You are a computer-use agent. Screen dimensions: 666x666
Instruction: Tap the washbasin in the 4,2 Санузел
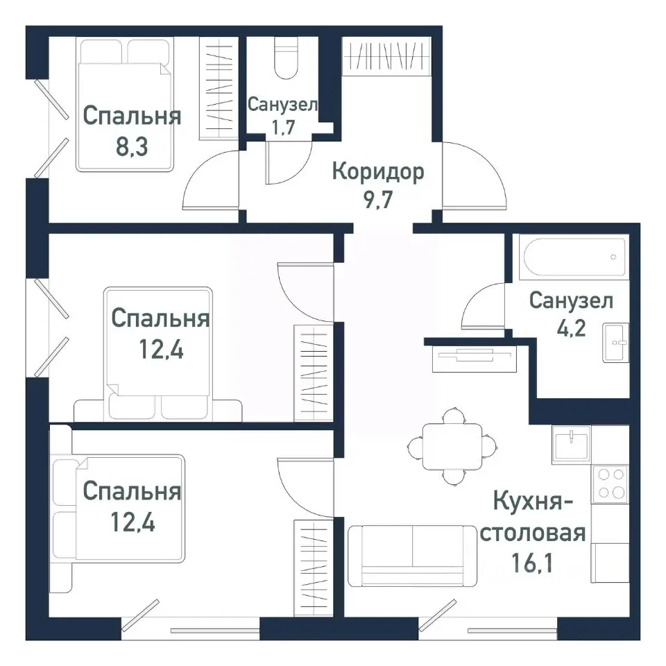pyautogui.click(x=615, y=341)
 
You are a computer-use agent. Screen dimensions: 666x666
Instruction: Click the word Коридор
pyautogui.click(x=377, y=171)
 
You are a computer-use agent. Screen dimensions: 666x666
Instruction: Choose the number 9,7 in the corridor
pyautogui.click(x=377, y=202)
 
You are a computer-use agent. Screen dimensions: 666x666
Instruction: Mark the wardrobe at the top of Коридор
pyautogui.click(x=386, y=55)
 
